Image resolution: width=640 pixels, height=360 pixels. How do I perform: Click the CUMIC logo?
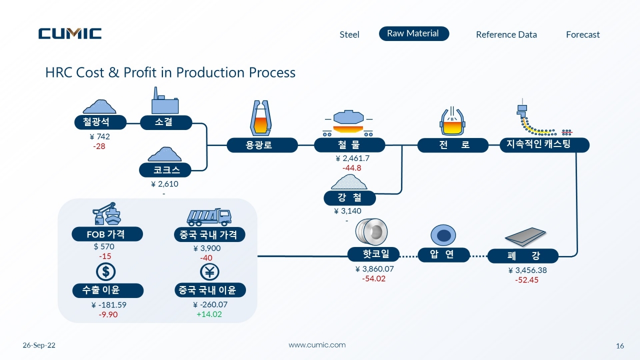(x=70, y=33)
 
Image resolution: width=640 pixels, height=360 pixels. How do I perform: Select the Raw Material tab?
(x=414, y=33)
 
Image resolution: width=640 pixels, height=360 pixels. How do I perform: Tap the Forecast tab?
(x=583, y=34)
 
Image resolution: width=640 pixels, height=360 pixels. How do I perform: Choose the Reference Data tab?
(x=506, y=34)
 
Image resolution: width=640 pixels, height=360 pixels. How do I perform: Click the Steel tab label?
(x=349, y=34)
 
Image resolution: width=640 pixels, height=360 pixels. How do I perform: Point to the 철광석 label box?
(x=100, y=122)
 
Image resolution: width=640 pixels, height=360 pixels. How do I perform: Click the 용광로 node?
(x=262, y=145)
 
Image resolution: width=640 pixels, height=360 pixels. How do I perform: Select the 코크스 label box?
(x=165, y=170)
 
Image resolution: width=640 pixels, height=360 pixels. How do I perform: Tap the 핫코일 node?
(x=373, y=254)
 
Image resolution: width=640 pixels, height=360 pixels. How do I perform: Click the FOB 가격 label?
(x=107, y=234)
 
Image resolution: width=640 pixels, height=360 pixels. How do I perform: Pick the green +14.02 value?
(x=209, y=314)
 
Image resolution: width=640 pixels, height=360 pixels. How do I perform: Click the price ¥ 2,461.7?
(x=352, y=158)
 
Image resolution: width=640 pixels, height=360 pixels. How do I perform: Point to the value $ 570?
(x=104, y=246)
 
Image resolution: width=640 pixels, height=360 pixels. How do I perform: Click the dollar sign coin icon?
(x=105, y=271)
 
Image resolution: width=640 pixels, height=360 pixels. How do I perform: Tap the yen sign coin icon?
(x=209, y=271)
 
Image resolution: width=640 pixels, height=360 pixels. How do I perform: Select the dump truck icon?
(x=209, y=217)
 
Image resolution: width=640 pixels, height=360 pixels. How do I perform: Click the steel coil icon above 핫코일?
(x=371, y=231)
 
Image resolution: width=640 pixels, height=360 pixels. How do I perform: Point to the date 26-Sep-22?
(x=39, y=345)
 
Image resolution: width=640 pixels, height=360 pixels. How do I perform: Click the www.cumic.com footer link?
(x=317, y=345)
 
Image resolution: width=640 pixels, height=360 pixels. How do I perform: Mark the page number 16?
(x=620, y=346)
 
